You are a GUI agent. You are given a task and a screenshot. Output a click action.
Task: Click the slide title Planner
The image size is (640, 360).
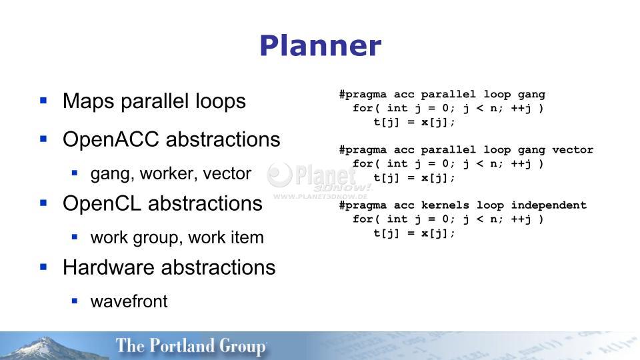point(321,45)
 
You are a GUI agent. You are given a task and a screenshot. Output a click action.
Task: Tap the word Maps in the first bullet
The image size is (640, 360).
point(88,101)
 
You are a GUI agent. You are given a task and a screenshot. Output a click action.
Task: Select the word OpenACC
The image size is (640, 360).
point(111,139)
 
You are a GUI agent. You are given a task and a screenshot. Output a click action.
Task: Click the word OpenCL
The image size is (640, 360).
point(102,203)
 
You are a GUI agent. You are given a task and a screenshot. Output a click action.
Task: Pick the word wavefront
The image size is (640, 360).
point(129,301)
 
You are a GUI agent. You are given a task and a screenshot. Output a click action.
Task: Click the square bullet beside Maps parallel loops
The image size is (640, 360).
point(44,100)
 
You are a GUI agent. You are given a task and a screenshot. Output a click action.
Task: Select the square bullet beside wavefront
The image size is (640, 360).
point(74,301)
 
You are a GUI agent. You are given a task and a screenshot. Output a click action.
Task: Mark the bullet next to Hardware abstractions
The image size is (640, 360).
point(44,267)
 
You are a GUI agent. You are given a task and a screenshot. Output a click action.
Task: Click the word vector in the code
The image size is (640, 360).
point(573,150)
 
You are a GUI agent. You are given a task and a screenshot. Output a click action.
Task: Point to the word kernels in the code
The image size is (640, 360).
point(445,205)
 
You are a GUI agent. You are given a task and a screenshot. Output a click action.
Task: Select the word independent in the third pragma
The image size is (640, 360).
point(549,205)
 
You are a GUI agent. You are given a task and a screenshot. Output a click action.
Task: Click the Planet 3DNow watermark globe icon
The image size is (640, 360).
point(279,175)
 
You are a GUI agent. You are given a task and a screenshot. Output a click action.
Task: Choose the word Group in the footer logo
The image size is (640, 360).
point(243,347)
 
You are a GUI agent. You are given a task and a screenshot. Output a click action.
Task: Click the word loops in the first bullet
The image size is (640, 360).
point(221,101)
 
